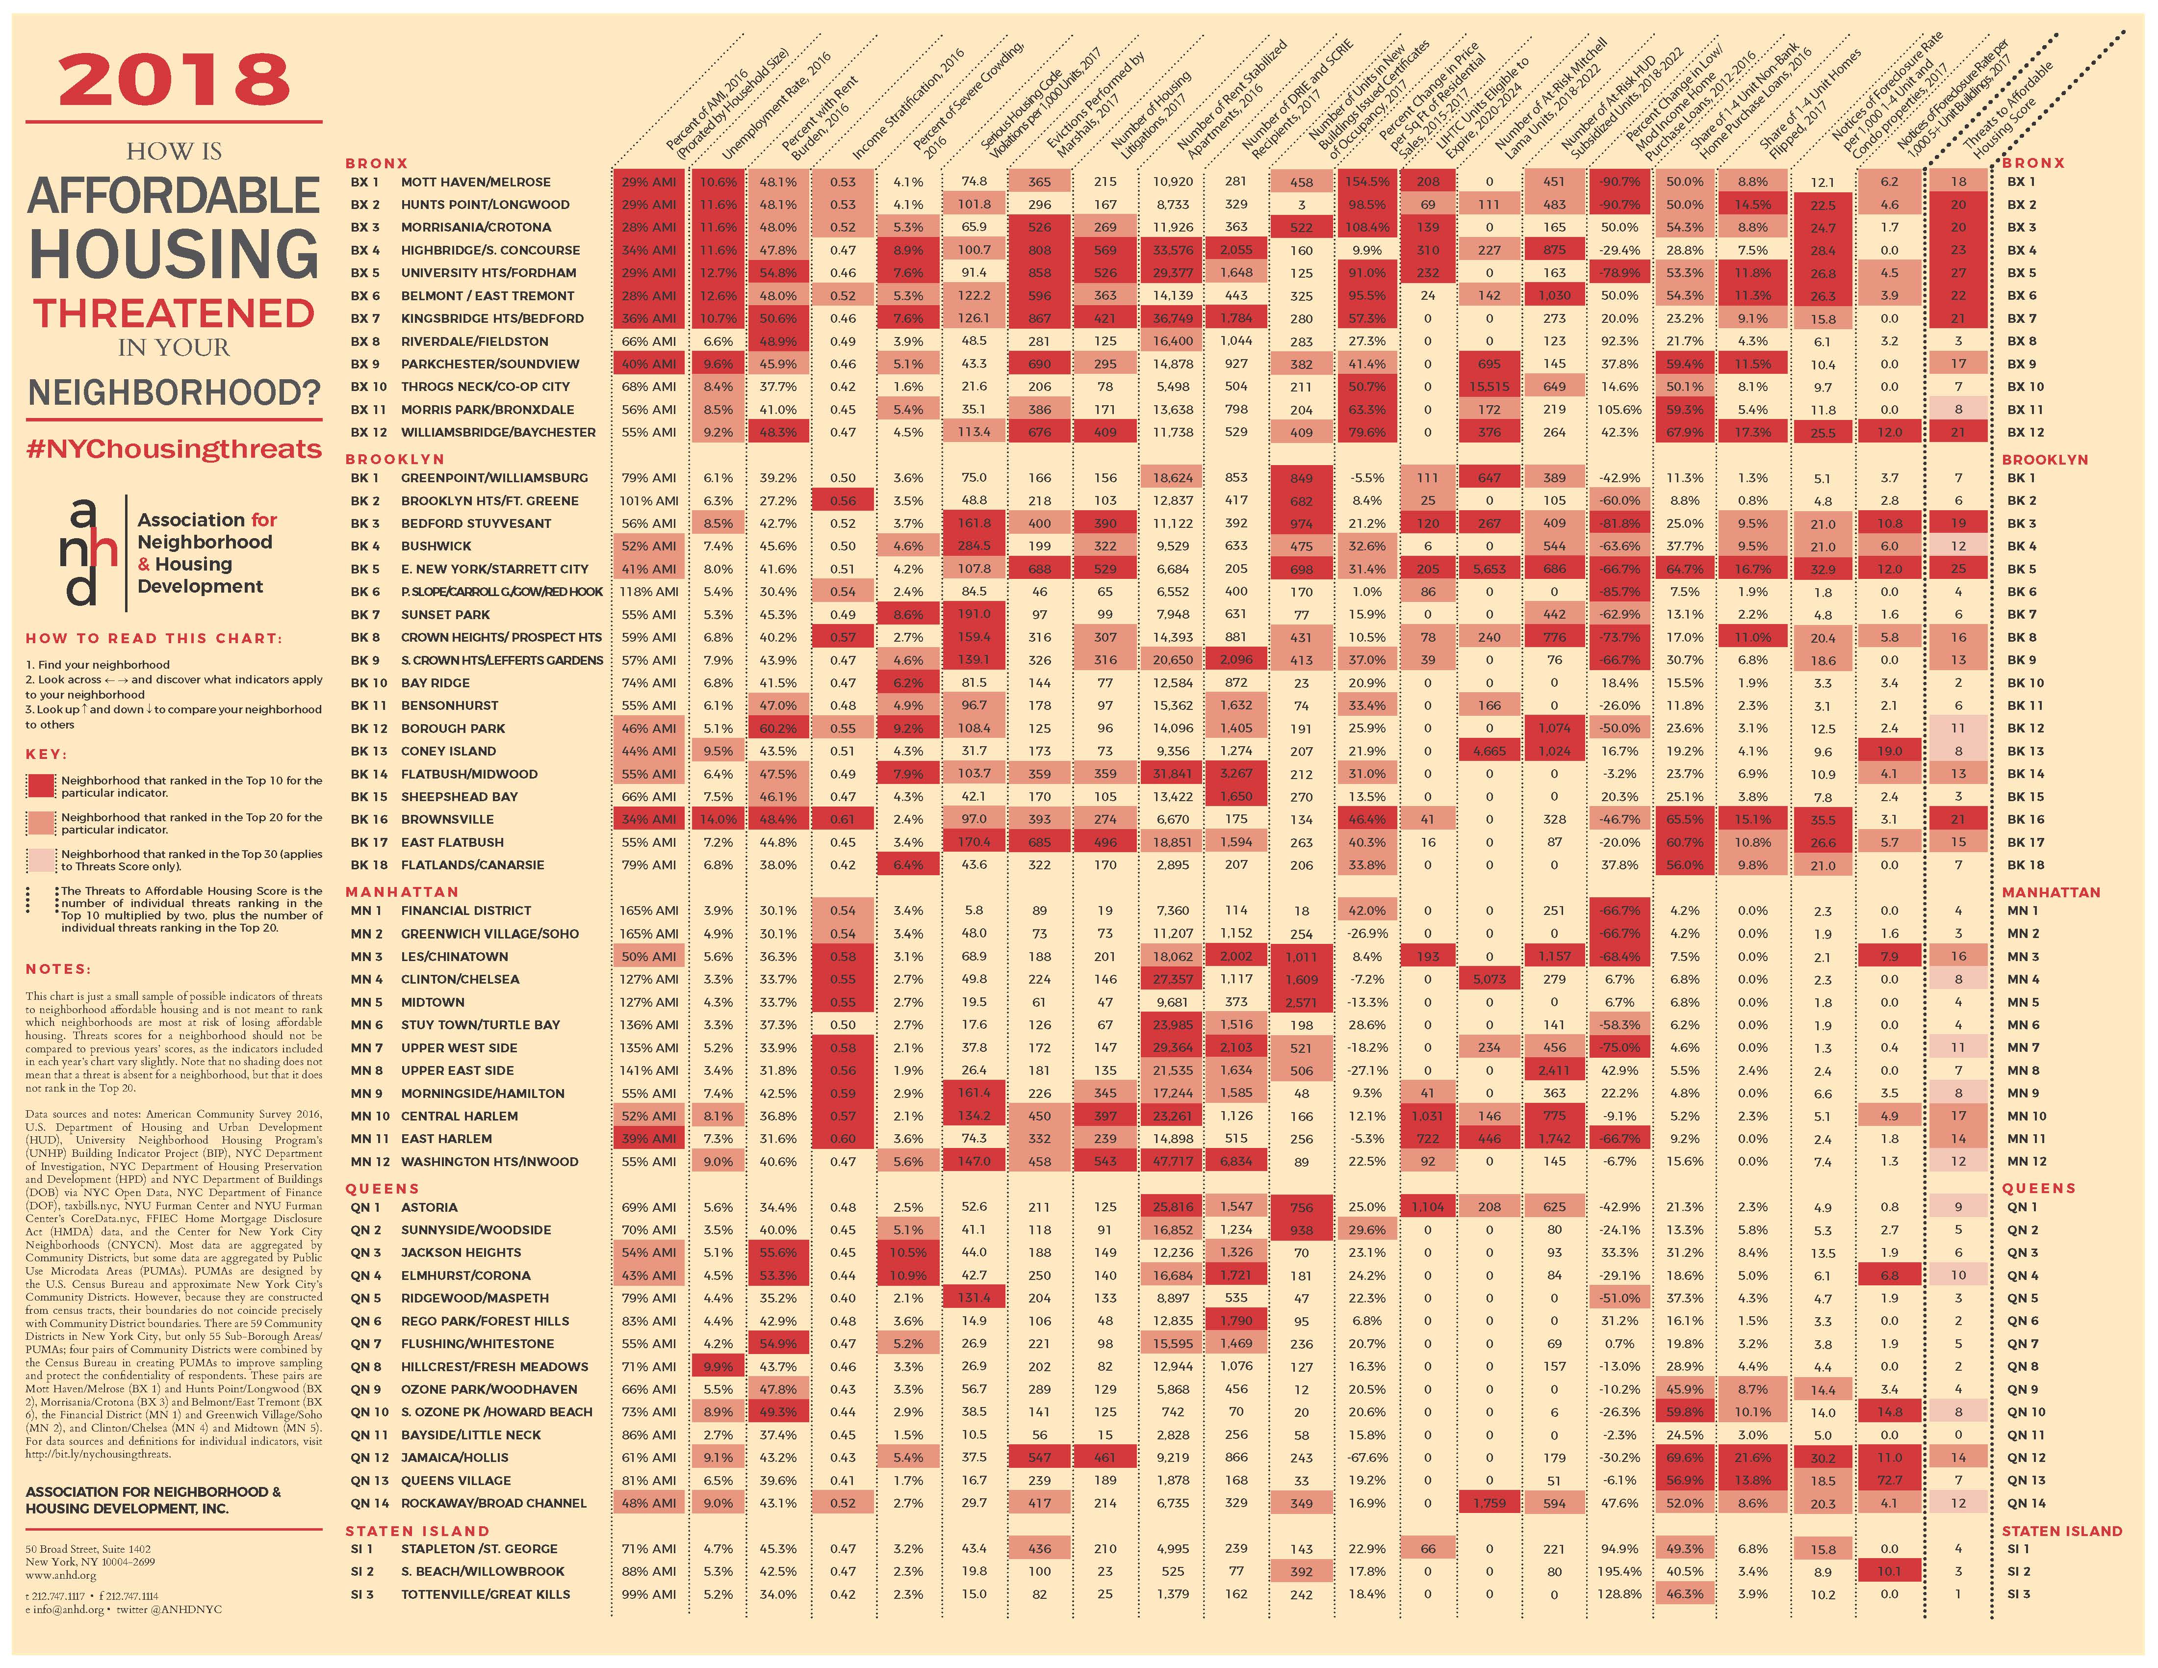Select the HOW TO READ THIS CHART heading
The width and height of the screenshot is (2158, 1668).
153,638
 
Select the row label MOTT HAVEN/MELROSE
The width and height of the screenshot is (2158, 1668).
475,182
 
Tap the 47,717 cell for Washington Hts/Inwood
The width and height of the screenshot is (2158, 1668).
1172,1161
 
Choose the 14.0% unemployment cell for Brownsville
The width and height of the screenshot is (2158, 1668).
719,819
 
